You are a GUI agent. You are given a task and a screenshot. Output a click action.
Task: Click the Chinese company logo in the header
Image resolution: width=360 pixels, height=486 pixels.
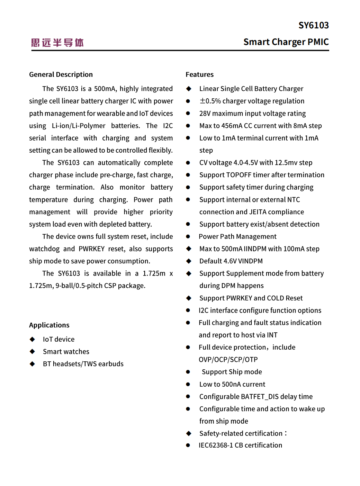tap(57, 43)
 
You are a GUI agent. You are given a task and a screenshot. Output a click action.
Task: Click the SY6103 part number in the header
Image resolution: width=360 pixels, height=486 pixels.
tap(313, 25)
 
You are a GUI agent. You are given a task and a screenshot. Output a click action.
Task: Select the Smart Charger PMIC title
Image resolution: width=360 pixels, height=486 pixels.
tap(286, 42)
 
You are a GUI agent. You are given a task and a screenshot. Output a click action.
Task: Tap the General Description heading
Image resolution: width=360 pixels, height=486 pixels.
tap(61, 74)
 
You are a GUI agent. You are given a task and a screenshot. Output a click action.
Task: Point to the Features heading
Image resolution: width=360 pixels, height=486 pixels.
tap(199, 74)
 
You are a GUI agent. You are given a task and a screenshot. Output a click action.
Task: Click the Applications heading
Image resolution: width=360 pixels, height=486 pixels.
tap(49, 325)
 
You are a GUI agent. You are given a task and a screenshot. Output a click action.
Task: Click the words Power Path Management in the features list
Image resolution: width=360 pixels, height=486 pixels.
tap(237, 236)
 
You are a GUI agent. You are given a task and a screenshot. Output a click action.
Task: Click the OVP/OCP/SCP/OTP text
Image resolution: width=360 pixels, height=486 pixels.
tap(228, 360)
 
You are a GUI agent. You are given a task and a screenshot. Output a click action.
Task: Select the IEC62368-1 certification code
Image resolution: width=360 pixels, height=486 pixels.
tap(216, 445)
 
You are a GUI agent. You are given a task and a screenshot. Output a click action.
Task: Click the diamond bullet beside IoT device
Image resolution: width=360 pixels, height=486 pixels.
tap(32, 339)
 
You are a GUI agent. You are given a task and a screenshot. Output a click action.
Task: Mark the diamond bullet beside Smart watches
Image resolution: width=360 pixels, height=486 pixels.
tap(32, 352)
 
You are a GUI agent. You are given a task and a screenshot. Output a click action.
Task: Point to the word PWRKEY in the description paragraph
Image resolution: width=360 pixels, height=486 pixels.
tap(91, 249)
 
